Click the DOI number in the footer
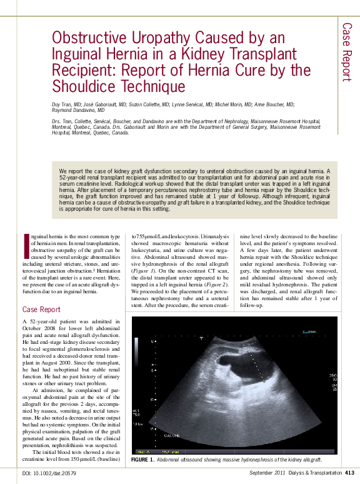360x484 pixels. point(49,473)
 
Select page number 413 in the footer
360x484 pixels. point(349,473)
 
